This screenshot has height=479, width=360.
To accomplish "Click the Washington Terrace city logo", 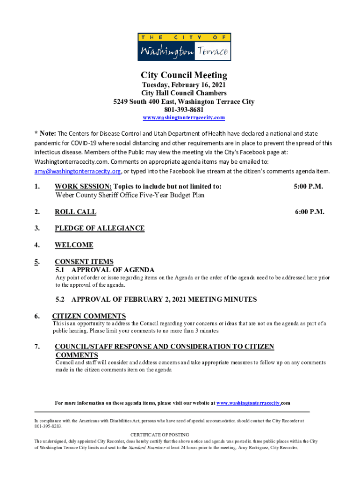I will point(184,47).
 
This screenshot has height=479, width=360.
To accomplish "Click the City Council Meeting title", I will point(184,75).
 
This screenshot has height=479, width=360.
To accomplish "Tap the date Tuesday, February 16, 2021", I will point(184,85).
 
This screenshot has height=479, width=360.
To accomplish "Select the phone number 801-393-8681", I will point(184,109).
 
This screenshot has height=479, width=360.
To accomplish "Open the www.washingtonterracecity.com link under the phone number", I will point(184,117).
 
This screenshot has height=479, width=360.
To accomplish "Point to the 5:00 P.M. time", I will point(309,187).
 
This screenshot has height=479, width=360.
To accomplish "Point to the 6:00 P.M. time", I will point(310,212).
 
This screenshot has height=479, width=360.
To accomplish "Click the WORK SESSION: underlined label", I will point(83,187).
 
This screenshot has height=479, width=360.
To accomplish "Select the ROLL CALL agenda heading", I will point(75,212).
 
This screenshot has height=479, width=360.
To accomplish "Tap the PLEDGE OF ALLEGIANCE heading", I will point(99,228).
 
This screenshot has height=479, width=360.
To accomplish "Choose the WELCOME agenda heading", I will point(74,245).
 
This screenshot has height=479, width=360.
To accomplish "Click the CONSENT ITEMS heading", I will point(84,262).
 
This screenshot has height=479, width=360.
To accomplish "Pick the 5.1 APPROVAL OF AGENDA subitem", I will point(105,270).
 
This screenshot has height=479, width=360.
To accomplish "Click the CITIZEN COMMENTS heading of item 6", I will point(89,316).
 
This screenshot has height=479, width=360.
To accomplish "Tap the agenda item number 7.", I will point(37,347).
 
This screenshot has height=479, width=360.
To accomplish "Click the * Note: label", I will point(45,134).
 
